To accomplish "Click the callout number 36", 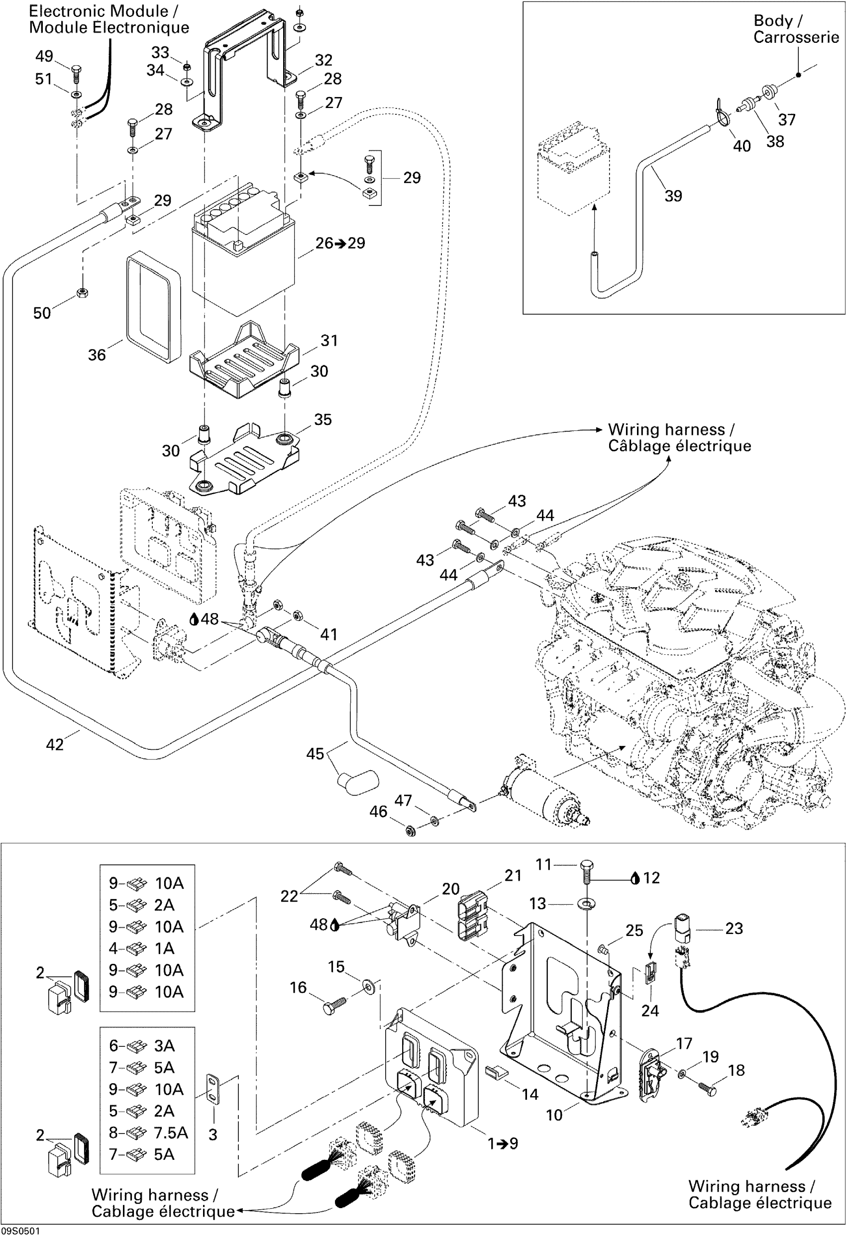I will point(97,355).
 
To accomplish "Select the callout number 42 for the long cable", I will point(55,744).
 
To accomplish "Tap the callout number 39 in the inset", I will point(673,196).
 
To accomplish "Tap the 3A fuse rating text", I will point(165,1046).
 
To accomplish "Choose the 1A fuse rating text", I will point(165,948).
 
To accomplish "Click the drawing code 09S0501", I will point(20,1231).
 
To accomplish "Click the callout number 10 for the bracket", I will point(554,1115).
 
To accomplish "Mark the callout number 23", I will point(734,928).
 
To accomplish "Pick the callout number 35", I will point(323,420).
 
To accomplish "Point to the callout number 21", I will point(513,876).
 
